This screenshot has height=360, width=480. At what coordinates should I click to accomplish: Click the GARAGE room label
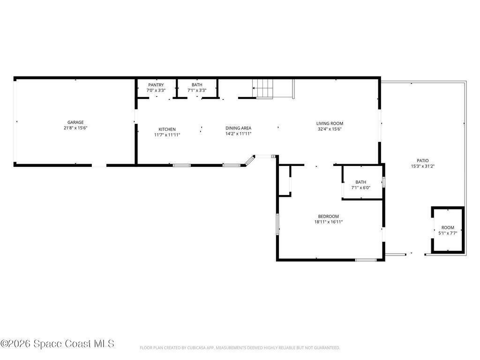(x=75, y=122)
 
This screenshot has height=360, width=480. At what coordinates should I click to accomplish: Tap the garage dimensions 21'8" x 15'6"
(x=75, y=128)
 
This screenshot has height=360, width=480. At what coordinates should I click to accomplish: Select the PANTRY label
(x=156, y=85)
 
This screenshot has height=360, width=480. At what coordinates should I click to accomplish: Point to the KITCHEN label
(x=167, y=129)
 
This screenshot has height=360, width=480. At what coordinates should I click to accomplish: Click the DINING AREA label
(x=239, y=128)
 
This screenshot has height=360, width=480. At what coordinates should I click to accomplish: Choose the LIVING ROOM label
(x=330, y=123)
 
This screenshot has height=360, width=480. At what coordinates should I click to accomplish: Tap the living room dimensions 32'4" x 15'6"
(x=330, y=129)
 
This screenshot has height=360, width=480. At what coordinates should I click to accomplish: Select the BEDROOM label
(x=329, y=216)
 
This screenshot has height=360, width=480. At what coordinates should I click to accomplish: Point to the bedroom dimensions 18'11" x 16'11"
(x=329, y=222)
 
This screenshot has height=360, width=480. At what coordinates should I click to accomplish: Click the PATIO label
(x=423, y=160)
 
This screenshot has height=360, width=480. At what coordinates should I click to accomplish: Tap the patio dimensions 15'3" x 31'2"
(x=423, y=166)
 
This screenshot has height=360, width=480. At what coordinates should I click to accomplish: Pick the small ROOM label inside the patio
(x=448, y=227)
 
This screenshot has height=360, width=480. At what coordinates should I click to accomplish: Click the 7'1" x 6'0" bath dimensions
(x=361, y=187)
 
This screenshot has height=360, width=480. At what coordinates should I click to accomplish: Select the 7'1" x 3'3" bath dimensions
(x=197, y=90)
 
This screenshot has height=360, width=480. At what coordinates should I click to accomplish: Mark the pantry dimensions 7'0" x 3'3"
(x=156, y=90)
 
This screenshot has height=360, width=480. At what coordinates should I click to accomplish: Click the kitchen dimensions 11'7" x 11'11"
(x=167, y=135)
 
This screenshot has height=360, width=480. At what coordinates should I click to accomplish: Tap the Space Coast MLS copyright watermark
(x=58, y=344)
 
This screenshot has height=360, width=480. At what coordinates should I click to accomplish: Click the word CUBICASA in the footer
(x=196, y=348)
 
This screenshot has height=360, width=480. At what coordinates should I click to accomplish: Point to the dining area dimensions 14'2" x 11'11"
(x=239, y=134)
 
